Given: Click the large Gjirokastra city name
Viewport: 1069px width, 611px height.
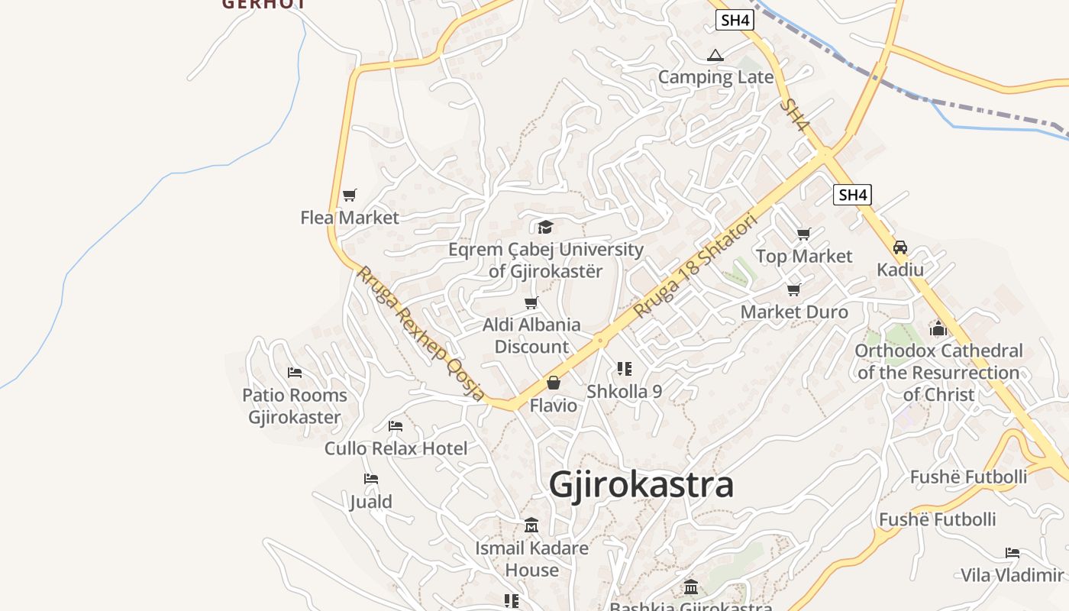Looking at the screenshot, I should [641, 486].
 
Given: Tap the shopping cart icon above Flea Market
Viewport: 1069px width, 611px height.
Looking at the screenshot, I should [350, 196].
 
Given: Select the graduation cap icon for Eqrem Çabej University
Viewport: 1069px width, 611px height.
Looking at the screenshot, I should [545, 227].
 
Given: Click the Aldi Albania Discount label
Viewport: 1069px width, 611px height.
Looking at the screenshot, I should [531, 335].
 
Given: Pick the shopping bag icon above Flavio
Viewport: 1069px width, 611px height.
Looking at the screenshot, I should [554, 383].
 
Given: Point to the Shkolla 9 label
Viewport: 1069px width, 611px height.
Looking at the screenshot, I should [624, 392].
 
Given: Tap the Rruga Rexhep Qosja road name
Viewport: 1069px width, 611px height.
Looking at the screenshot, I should [421, 334].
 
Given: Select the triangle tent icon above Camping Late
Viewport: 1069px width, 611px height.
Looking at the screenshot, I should [715, 55].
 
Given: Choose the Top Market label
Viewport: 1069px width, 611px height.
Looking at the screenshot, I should [803, 257].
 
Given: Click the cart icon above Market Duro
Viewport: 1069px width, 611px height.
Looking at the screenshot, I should [794, 289].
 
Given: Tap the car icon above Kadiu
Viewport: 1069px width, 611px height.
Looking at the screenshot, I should [900, 247].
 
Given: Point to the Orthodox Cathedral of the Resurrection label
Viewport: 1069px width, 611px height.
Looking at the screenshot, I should [938, 373].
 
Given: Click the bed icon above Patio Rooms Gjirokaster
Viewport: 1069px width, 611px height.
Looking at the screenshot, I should [295, 373].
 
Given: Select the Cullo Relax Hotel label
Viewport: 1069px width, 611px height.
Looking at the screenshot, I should [396, 448].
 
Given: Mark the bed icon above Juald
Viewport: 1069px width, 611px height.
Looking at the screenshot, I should [371, 479].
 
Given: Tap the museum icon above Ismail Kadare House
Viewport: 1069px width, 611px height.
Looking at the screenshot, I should [531, 525].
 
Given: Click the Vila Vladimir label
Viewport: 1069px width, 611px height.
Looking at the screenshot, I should [1012, 575].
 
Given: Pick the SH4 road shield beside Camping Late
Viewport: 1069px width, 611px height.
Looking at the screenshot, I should [735, 21].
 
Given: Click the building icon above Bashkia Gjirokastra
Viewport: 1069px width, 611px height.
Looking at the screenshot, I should [691, 587].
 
